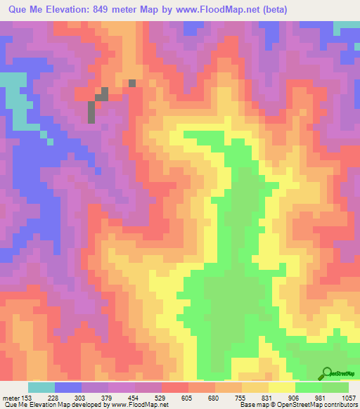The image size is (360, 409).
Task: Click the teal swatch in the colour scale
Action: (x=41, y=387)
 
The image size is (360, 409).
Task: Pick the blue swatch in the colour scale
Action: (x=68, y=387)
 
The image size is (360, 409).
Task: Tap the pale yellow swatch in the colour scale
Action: (x=281, y=387)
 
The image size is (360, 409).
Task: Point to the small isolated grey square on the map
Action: (x=131, y=83)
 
